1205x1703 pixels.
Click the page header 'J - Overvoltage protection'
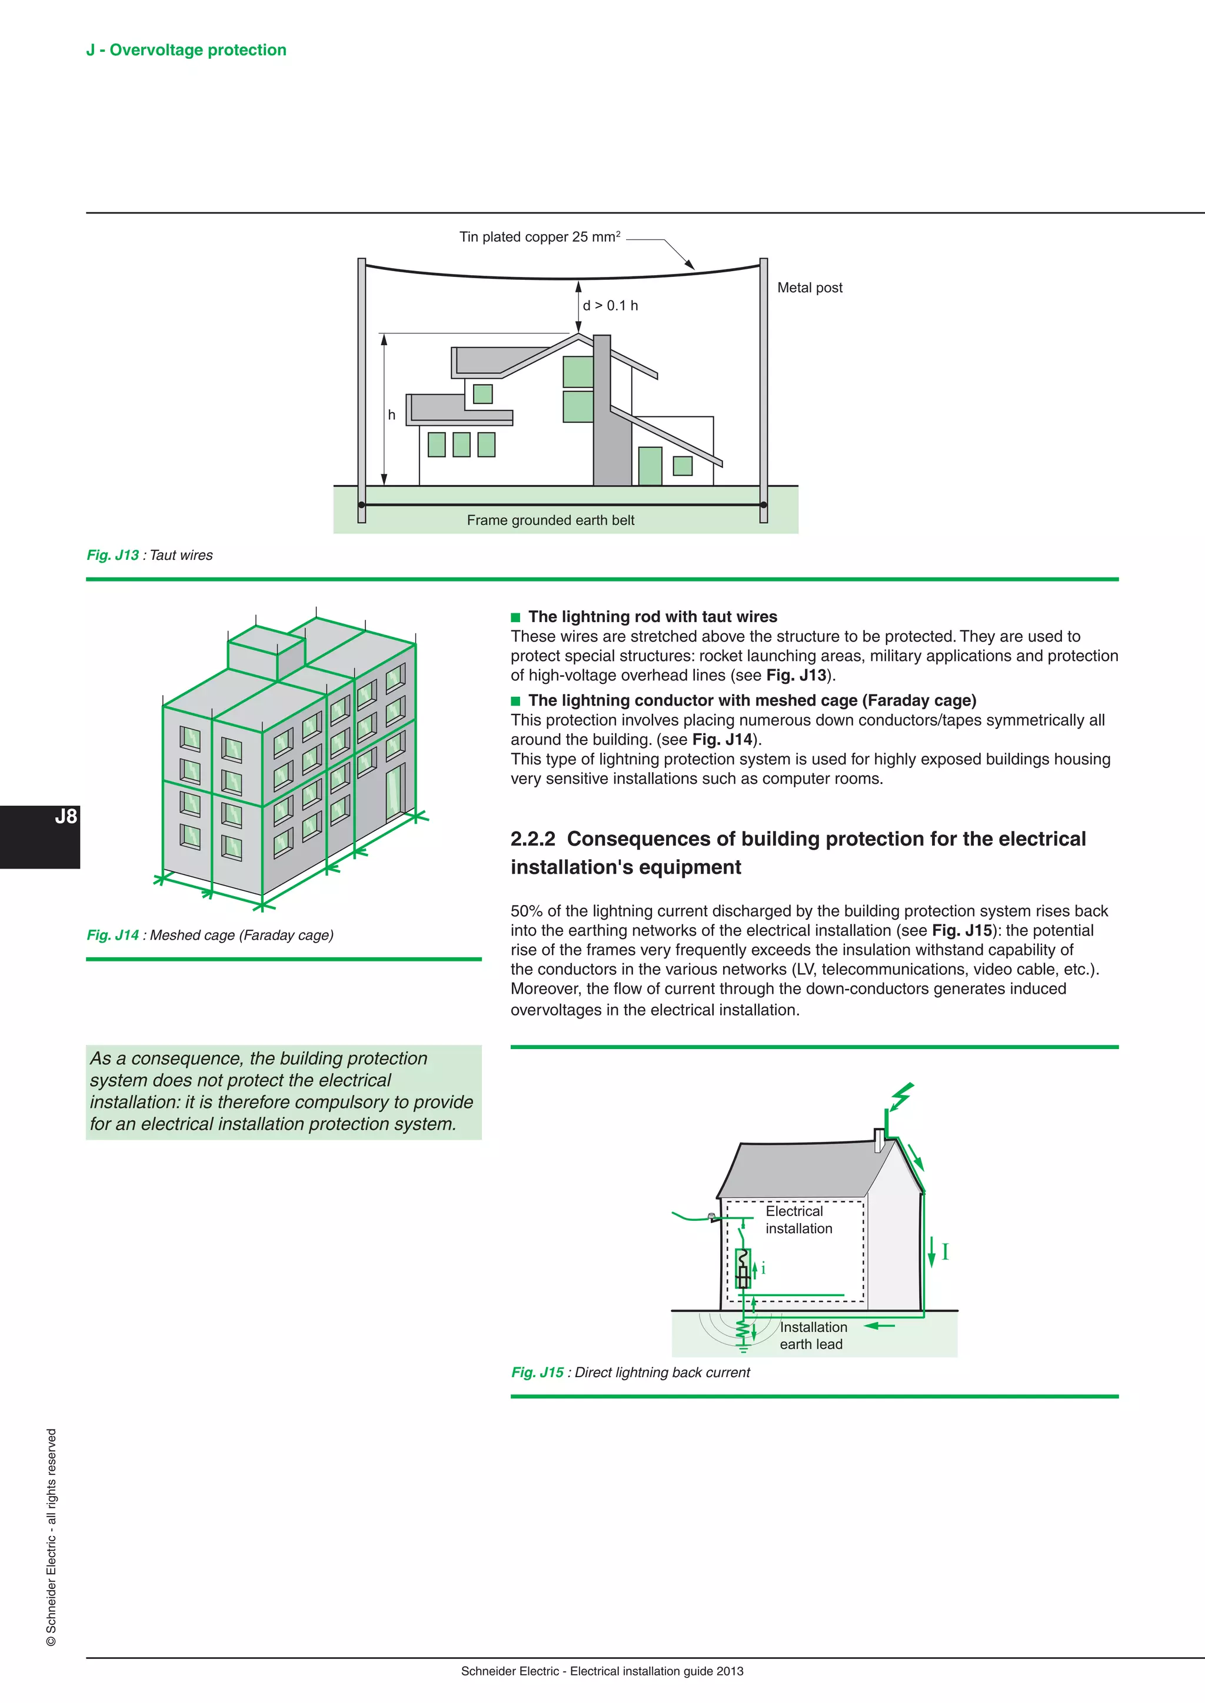click(x=187, y=50)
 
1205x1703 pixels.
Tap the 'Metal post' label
click(x=810, y=288)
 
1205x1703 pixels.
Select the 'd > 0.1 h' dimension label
click(x=610, y=306)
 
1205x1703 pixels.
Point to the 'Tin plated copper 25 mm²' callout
click(x=540, y=238)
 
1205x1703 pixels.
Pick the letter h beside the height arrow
click(x=392, y=415)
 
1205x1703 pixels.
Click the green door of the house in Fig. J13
click(x=650, y=466)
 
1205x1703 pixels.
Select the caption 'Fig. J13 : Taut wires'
click(x=150, y=556)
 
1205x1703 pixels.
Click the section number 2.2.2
click(x=532, y=839)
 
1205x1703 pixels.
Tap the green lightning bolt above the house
click(x=901, y=1096)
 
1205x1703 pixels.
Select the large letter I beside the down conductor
click(x=946, y=1252)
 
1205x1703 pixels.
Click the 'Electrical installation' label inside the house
click(x=798, y=1220)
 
